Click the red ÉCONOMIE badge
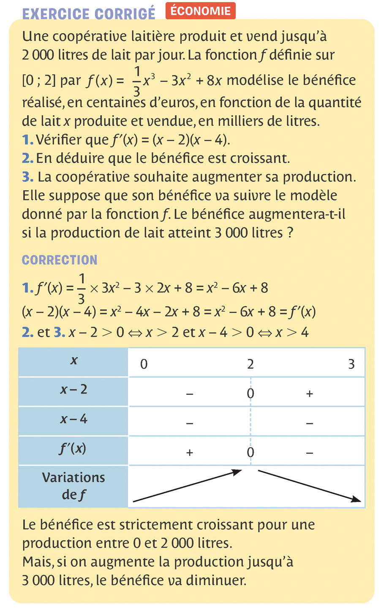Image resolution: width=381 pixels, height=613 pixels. click(x=201, y=11)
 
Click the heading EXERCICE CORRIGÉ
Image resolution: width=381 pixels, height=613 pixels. click(x=89, y=14)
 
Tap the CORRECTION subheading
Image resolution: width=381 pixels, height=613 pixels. click(x=60, y=260)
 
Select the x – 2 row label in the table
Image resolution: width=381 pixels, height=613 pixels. click(x=73, y=389)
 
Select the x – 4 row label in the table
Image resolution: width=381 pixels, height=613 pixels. click(x=73, y=419)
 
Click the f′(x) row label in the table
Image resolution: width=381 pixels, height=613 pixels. click(x=73, y=449)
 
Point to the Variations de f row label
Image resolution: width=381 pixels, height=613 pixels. click(x=73, y=486)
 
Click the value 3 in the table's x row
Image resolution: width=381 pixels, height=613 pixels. click(x=351, y=364)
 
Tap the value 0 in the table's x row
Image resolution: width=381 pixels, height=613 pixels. click(x=144, y=364)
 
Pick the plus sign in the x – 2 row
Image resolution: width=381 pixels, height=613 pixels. click(x=310, y=394)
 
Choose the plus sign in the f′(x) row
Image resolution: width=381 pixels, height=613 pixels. click(x=190, y=453)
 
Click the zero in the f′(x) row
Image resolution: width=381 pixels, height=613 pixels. click(x=250, y=453)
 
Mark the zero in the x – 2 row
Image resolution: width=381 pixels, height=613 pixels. click(x=250, y=394)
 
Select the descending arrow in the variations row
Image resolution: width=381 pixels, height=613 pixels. click(x=310, y=486)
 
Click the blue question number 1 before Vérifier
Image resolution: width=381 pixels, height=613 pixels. click(x=27, y=140)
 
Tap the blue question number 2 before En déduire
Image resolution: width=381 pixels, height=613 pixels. click(x=27, y=158)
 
